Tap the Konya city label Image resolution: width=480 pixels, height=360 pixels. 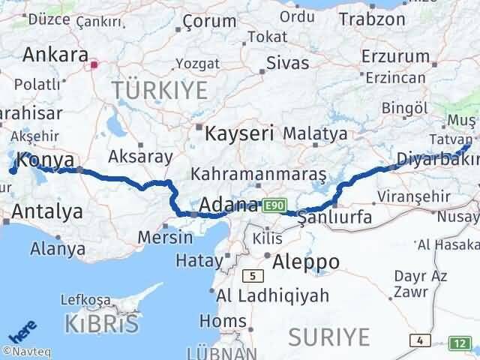pos(44,160)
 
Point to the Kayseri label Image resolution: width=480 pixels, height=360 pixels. pos(239,133)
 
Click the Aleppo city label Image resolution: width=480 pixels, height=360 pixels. pos(306,262)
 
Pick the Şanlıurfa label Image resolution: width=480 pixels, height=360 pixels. pos(334,217)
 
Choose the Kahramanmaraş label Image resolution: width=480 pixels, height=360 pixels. pos(259,174)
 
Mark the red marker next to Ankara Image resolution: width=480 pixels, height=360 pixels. pos(94,64)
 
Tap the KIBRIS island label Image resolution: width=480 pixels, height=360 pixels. pos(103,324)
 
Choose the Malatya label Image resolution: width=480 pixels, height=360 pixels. pos(315,134)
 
